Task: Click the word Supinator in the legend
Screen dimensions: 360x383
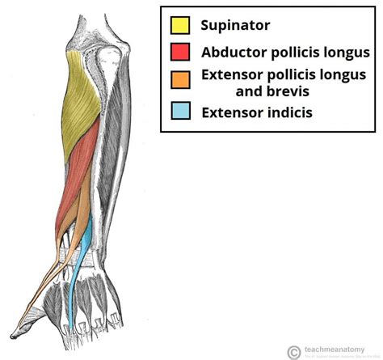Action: [x=236, y=25]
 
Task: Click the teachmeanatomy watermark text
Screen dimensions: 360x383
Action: [x=330, y=349]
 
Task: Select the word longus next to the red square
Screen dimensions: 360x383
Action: [x=347, y=53]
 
